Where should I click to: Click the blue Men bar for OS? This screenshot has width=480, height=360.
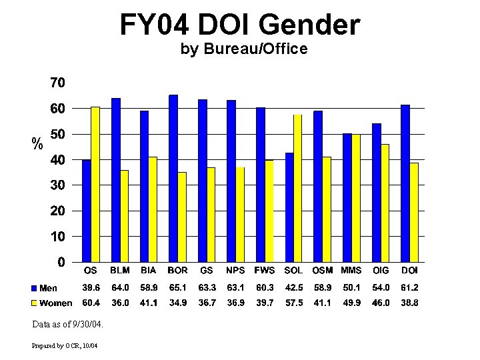[x=86, y=211]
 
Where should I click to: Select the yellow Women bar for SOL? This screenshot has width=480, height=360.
[x=297, y=188]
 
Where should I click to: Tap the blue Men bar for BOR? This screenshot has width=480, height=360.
[x=173, y=178]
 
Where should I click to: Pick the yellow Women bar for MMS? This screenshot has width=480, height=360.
[x=356, y=198]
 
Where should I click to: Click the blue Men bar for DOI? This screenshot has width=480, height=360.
[x=405, y=183]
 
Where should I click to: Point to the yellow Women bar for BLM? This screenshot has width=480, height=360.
[x=124, y=216]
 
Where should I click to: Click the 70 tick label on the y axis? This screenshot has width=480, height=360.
[x=57, y=83]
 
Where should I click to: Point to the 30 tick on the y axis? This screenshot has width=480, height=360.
[x=57, y=185]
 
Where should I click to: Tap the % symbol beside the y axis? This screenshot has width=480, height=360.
[x=38, y=143]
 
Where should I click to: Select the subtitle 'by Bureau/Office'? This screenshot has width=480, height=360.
[x=244, y=49]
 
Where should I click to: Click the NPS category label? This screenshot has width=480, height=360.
[x=235, y=271]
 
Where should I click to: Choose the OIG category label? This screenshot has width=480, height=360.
[x=381, y=271]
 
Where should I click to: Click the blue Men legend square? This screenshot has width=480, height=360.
[x=34, y=288]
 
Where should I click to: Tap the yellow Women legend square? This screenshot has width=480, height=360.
[x=34, y=303]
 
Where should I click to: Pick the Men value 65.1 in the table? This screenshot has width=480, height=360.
[x=177, y=288]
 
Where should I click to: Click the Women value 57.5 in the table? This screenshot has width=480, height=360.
[x=293, y=303]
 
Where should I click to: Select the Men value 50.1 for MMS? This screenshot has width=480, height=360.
[x=351, y=288]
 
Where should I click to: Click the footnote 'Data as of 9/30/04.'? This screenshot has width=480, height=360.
[x=67, y=325]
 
